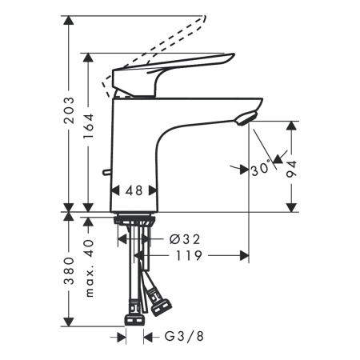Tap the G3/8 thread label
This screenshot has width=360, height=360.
tap(182, 336)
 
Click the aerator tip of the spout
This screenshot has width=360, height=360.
tap(247, 118)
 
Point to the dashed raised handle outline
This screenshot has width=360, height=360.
tap(160, 44)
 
